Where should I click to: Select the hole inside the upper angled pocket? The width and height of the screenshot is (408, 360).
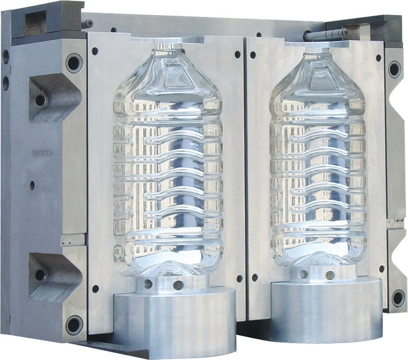click(41, 100)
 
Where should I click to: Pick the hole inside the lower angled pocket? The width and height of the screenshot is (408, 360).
click(40, 275)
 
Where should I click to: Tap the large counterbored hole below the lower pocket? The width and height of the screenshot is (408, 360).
click(74, 325)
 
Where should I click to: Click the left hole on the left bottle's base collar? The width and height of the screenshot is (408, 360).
click(148, 284)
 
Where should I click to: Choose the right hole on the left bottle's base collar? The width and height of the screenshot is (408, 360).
click(178, 285)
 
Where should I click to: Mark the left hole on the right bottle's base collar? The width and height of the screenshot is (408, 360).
click(303, 274)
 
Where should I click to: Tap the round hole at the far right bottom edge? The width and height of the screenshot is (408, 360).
click(397, 298)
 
